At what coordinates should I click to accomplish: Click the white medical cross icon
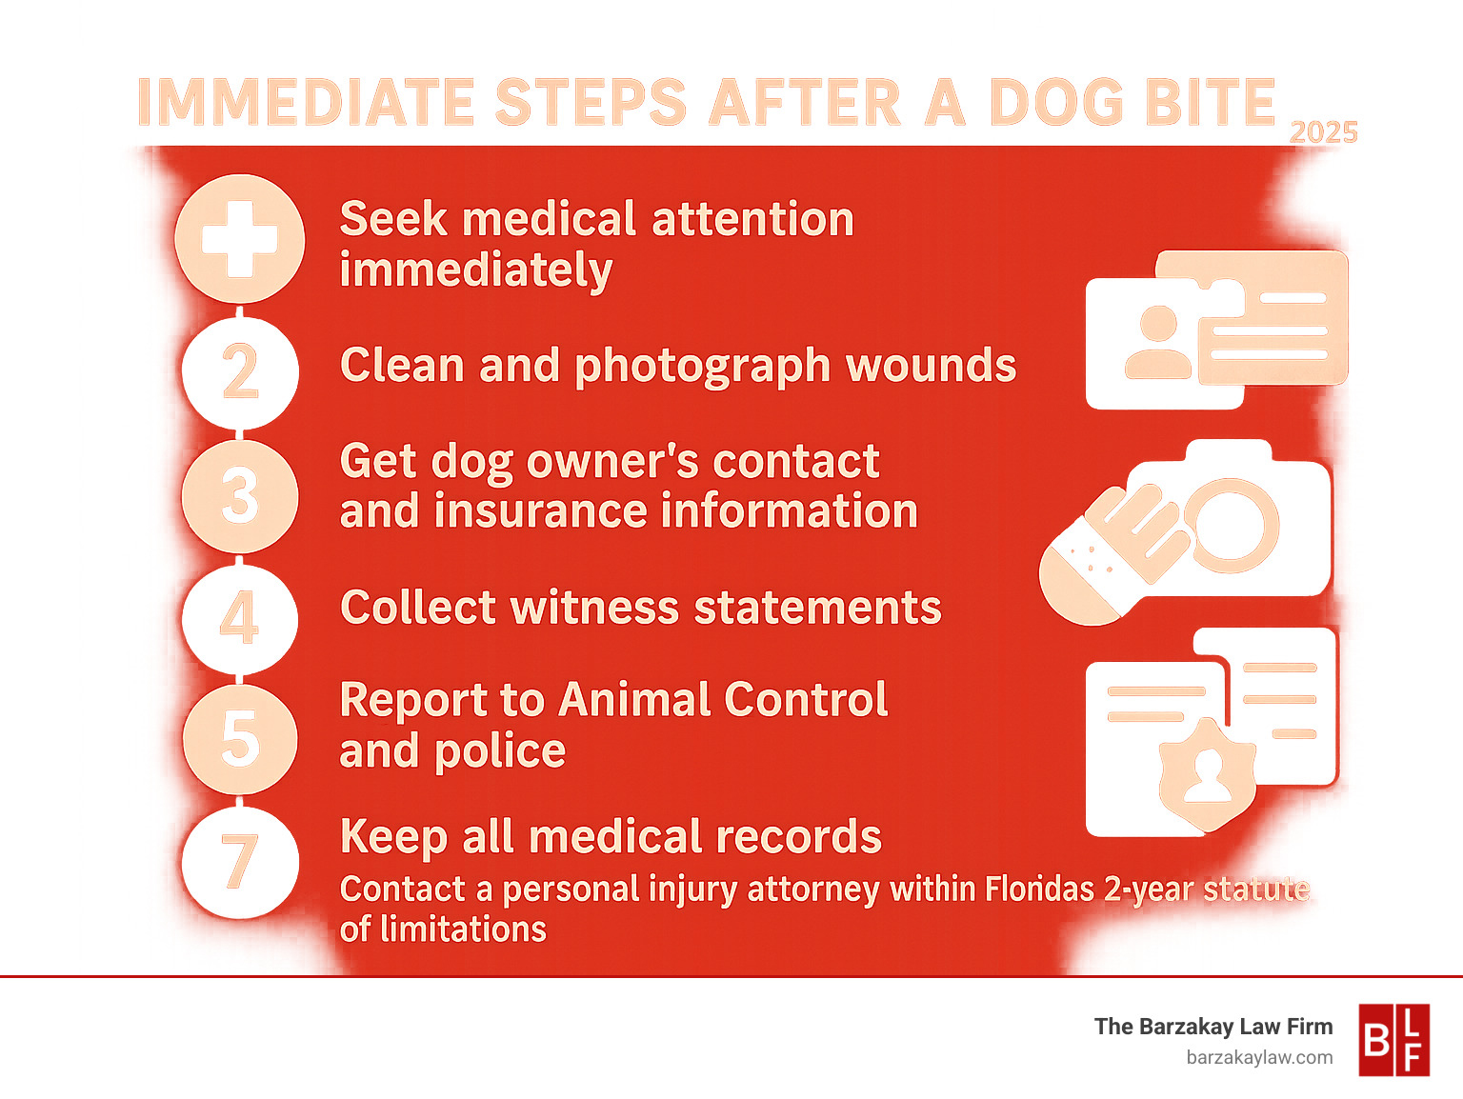pyautogui.click(x=240, y=239)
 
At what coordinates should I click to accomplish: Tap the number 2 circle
pyautogui.click(x=240, y=371)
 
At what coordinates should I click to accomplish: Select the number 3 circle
pyautogui.click(x=240, y=495)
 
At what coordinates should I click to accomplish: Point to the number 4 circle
pyautogui.click(x=240, y=619)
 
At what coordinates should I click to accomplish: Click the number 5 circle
pyautogui.click(x=240, y=738)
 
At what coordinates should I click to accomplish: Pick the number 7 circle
pyautogui.click(x=240, y=862)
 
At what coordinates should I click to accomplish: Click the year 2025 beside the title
pyautogui.click(x=1323, y=132)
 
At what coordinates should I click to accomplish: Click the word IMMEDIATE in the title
pyautogui.click(x=306, y=102)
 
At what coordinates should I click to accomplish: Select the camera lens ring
pyautogui.click(x=1231, y=525)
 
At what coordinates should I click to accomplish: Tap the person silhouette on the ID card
pyautogui.click(x=1158, y=341)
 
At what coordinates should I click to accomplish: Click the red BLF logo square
pyautogui.click(x=1393, y=1040)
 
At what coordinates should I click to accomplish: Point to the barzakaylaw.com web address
pyautogui.click(x=1259, y=1057)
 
